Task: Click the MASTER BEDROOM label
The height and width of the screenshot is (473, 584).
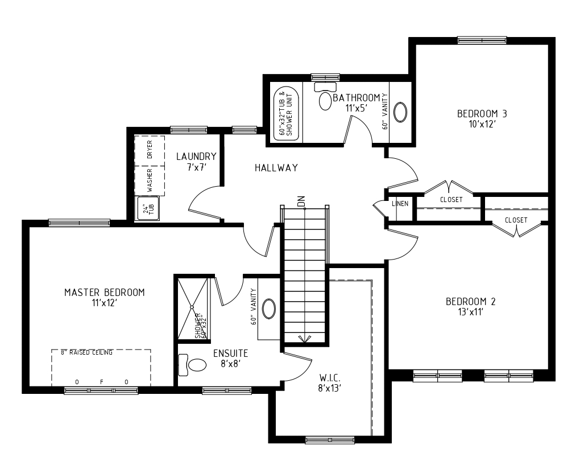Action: tap(104, 293)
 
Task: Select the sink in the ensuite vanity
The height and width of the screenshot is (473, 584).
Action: tap(268, 309)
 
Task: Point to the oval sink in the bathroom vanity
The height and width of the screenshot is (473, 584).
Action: tap(401, 112)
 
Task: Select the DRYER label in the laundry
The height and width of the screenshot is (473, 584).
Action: tap(150, 150)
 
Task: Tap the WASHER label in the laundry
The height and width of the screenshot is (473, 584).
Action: tap(150, 180)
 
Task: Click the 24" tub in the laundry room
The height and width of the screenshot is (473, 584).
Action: tap(149, 209)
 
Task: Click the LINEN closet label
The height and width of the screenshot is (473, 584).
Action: tap(400, 204)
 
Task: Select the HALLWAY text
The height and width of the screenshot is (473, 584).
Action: tap(276, 168)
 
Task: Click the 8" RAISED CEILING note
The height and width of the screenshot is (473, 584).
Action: tap(86, 353)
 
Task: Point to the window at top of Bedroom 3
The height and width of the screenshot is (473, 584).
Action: tap(482, 40)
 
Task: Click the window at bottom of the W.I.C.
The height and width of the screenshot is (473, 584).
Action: tap(330, 439)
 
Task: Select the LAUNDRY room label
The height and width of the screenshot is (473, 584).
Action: tap(196, 157)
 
